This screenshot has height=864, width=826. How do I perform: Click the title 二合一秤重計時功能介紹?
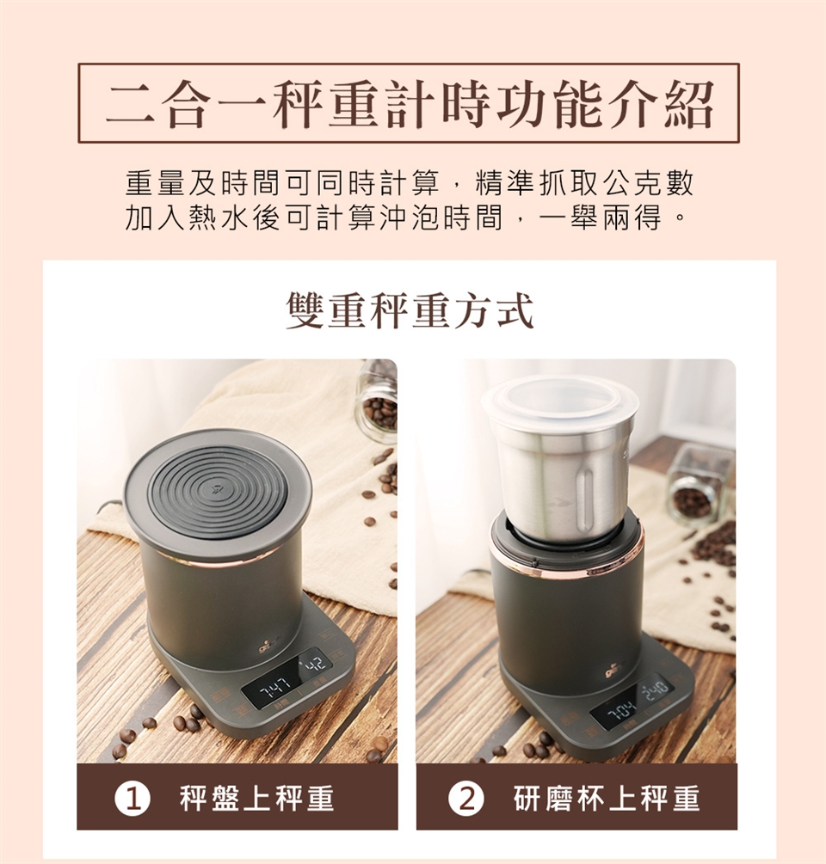(x=410, y=104)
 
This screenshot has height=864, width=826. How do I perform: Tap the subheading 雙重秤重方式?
(x=410, y=310)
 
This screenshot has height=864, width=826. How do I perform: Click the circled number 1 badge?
(x=133, y=799)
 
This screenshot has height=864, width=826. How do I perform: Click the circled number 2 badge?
(x=466, y=799)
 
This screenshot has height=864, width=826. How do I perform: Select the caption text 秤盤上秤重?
(x=257, y=799)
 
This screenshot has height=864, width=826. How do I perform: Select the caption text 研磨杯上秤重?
(x=607, y=799)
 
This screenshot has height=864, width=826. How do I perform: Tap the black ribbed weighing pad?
(x=217, y=492)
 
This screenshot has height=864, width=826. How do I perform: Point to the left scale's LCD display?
(x=287, y=678)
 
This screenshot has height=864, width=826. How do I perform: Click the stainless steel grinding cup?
(x=561, y=474)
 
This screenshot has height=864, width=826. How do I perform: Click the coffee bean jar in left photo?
(x=378, y=401)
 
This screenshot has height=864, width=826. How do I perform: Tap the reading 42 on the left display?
(x=316, y=664)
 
